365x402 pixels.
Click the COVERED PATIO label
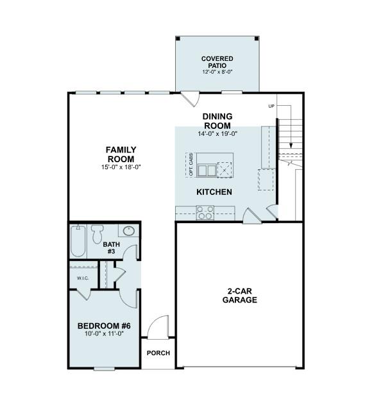[x=217, y=62]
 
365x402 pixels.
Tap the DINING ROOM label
[x=217, y=121]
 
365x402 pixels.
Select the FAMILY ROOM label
[x=121, y=154]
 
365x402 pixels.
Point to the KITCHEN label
[x=214, y=192]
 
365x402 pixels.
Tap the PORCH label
[x=157, y=353]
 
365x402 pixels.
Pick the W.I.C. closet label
[x=83, y=278]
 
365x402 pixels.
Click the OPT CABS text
[x=191, y=164]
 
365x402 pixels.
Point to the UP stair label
[x=271, y=106]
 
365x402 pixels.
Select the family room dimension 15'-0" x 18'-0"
[x=121, y=167]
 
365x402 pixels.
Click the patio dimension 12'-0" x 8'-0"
[x=217, y=72]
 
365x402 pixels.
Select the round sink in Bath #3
[x=127, y=231]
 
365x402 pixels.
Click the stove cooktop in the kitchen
[x=205, y=212]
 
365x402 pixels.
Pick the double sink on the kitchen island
[x=206, y=170]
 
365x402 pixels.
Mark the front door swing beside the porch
[x=158, y=327]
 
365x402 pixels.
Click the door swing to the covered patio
[x=191, y=99]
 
